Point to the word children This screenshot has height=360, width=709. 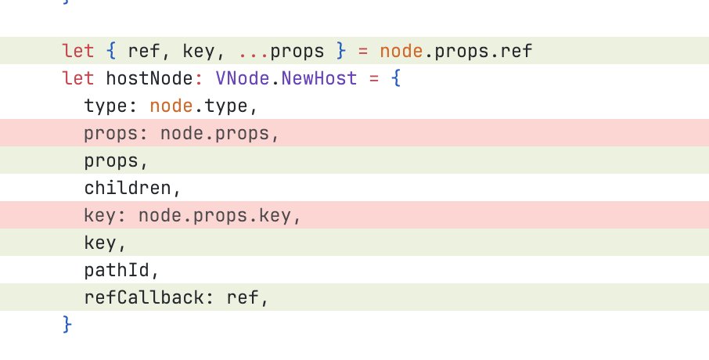[128, 189]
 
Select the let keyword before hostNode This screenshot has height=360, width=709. [78, 79]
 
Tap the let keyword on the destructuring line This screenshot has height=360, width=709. [78, 52]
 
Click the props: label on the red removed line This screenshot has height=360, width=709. [117, 134]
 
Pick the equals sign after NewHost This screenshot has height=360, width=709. [372, 79]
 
